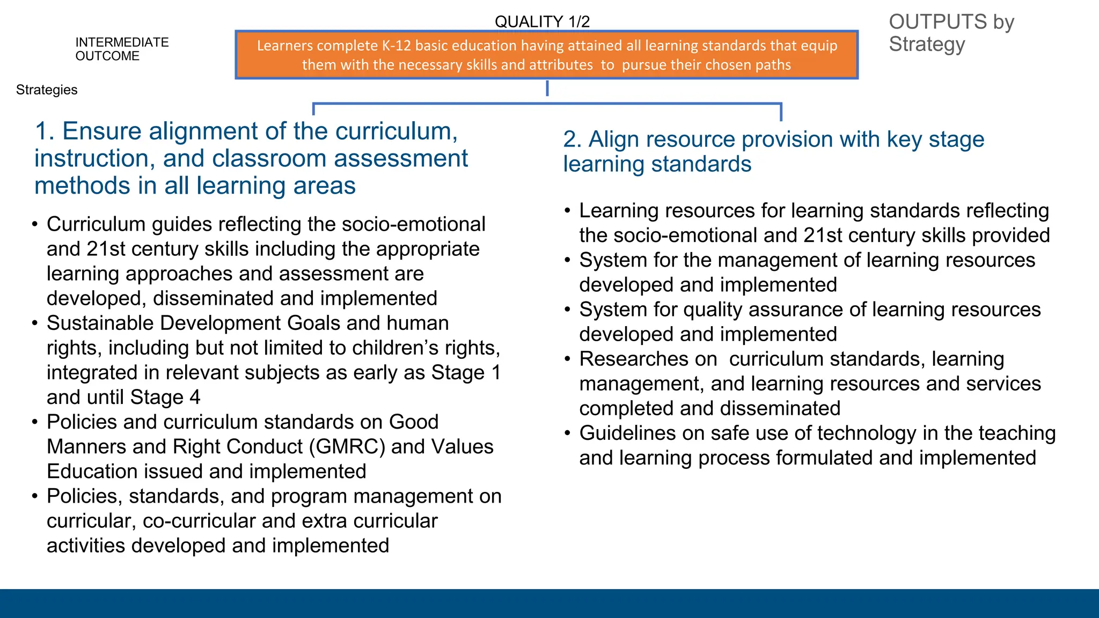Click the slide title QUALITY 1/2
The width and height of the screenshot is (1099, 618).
tap(542, 21)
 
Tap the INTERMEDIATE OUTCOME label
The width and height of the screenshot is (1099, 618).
tap(122, 49)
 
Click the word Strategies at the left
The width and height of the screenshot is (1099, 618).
tap(47, 90)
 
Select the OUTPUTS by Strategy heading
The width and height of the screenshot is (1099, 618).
tap(951, 33)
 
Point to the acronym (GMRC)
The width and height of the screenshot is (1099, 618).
tap(347, 447)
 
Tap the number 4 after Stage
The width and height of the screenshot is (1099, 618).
tap(195, 398)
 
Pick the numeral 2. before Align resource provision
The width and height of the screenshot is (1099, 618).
tap(572, 139)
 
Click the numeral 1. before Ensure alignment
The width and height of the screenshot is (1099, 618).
tap(45, 131)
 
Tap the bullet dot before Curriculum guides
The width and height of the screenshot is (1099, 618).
tap(35, 224)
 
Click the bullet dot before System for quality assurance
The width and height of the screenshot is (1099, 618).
tap(568, 310)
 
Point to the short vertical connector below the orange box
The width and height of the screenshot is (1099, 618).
tap(547, 89)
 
